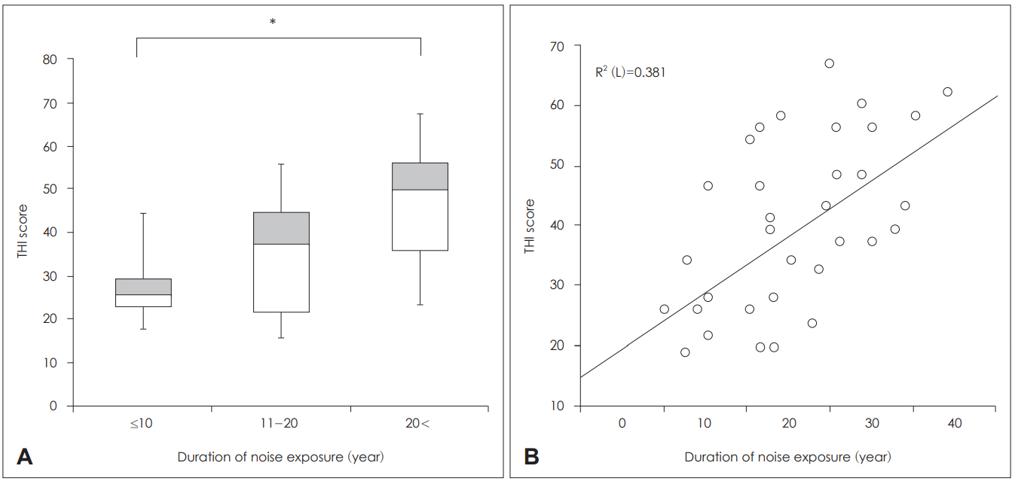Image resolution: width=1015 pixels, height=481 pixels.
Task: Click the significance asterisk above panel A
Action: click(x=272, y=22)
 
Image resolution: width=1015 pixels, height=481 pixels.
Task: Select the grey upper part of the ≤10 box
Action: click(x=143, y=286)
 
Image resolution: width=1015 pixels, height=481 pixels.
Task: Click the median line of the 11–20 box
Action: click(x=281, y=244)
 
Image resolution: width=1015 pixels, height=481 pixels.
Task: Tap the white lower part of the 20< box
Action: click(x=420, y=220)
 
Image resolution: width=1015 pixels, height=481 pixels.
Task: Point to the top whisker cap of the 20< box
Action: click(x=420, y=114)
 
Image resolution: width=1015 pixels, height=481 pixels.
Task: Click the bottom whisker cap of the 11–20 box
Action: click(x=281, y=337)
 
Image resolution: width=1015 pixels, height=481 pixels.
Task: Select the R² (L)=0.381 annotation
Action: click(x=630, y=72)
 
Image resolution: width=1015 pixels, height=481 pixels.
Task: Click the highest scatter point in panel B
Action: click(x=829, y=63)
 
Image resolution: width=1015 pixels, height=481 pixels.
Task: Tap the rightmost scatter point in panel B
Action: click(x=947, y=92)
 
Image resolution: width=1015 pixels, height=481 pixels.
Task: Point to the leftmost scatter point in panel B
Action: click(x=664, y=309)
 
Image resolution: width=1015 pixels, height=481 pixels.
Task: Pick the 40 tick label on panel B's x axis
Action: click(x=955, y=423)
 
